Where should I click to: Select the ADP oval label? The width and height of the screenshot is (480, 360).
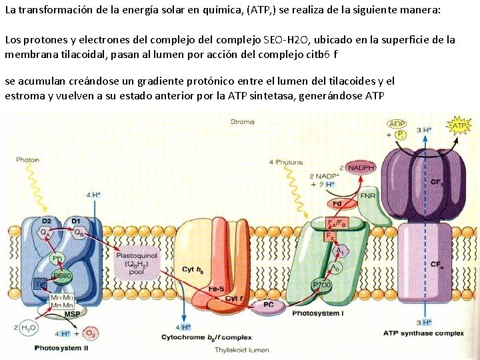(397, 124)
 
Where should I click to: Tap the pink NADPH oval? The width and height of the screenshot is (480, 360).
(361, 167)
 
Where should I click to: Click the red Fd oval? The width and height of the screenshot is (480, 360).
(337, 204)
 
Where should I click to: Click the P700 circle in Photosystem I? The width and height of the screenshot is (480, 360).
(321, 285)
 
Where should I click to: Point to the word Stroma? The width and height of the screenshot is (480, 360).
(242, 122)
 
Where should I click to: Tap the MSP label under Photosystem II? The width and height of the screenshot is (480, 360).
(72, 314)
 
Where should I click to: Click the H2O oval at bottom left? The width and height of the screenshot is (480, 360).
(29, 327)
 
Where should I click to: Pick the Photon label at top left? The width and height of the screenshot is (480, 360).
(27, 160)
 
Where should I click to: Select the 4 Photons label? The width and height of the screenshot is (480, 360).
(285, 162)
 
